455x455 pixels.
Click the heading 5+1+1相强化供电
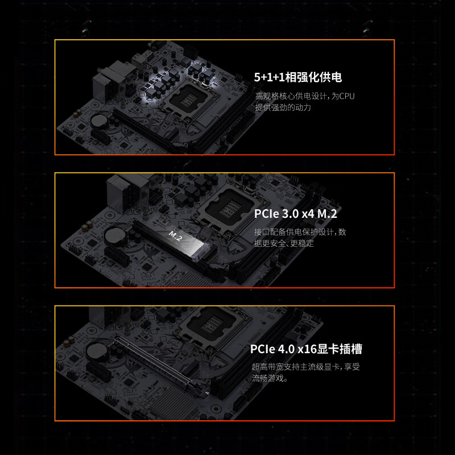click(298, 77)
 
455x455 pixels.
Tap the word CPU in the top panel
click(347, 96)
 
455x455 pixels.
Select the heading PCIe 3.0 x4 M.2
click(295, 214)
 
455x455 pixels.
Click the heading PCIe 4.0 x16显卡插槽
click(306, 349)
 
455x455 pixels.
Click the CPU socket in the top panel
click(189, 98)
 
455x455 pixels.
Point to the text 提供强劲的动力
click(283, 107)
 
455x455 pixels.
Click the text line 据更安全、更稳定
click(284, 243)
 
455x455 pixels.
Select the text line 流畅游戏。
click(270, 378)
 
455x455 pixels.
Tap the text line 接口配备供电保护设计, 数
click(300, 232)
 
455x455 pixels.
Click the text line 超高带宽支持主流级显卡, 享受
click(305, 367)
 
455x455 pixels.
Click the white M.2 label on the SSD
click(175, 235)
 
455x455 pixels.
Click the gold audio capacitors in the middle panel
click(87, 225)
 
